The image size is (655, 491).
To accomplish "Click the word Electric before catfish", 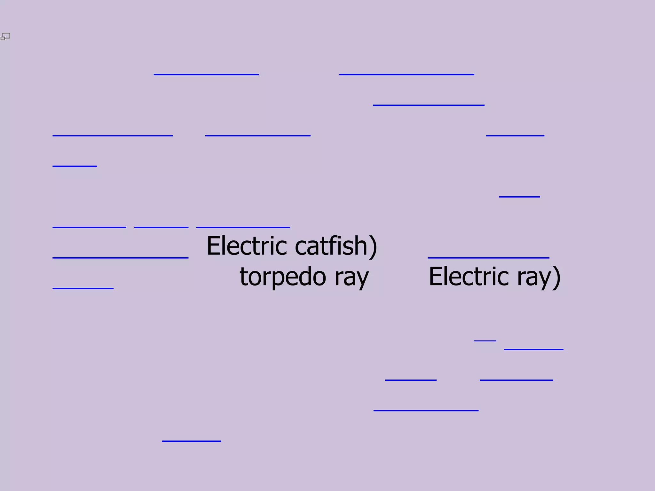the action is click(247, 246).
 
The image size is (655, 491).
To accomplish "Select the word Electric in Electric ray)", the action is click(469, 277).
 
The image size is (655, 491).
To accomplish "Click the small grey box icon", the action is click(5, 37).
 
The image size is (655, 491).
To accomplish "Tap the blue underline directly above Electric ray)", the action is click(488, 257).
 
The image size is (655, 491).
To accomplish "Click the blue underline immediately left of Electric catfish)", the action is click(120, 257).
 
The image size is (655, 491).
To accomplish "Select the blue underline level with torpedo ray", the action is click(83, 288).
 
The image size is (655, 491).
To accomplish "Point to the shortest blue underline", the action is click(485, 341).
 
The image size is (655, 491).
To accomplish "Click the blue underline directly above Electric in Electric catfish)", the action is click(243, 227).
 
